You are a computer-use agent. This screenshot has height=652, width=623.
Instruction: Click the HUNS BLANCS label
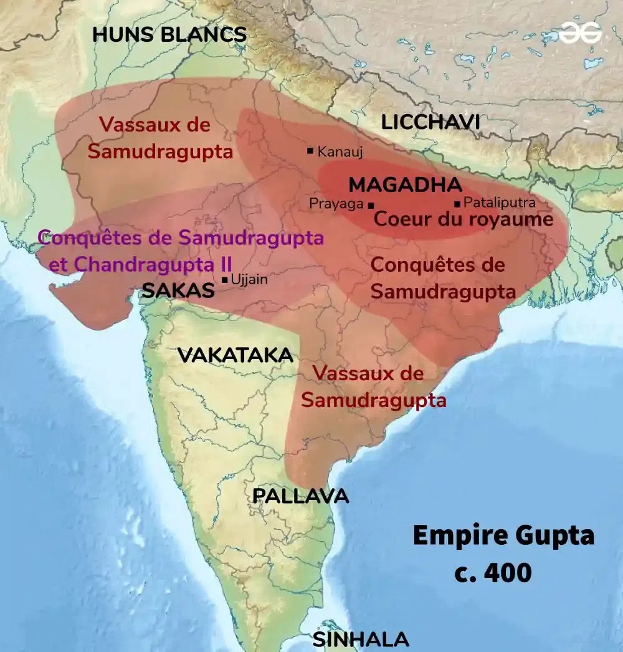pos(169,34)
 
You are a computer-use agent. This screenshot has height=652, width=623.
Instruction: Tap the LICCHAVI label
pos(430,122)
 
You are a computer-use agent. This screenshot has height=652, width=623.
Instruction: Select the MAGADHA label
pos(405,185)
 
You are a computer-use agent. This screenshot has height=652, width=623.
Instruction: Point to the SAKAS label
pos(178,290)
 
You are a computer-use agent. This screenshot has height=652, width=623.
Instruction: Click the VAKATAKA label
pos(235,355)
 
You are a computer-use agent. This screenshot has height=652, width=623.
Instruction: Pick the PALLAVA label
pos(300,496)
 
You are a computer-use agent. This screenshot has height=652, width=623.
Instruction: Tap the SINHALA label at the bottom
pos(361,640)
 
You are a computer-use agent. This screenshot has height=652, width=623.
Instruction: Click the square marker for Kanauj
pos(310,151)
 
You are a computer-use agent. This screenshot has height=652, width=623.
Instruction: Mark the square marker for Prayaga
pos(371,204)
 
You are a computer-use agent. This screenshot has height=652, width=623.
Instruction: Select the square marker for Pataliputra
pos(458,203)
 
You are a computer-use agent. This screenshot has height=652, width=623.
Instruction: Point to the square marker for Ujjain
pos(224,279)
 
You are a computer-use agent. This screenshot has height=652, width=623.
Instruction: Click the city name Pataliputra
pos(500,203)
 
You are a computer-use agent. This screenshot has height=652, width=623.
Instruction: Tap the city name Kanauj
pos(340,151)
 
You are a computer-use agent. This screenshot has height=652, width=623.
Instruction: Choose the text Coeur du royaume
pos(463,219)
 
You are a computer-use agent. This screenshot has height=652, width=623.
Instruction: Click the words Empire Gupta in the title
pos(503,535)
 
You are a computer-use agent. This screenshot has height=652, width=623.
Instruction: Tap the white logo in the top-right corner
pos(579,33)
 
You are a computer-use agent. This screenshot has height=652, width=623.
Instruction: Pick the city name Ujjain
pos(249,280)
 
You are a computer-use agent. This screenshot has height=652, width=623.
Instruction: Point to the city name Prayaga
pos(336,204)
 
